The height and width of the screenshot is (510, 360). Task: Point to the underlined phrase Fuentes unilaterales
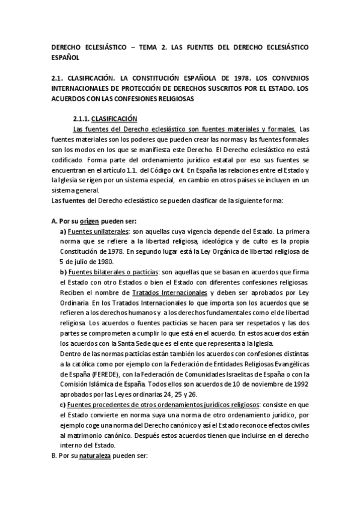(94, 232)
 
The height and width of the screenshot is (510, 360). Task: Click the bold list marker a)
(63, 232)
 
